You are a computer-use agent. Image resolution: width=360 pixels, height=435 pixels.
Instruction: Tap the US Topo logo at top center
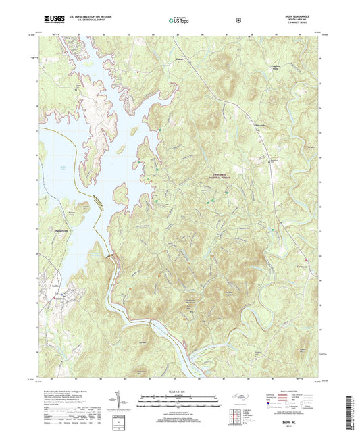point(179,21)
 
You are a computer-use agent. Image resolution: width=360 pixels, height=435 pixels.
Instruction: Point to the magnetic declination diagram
point(124,404)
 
